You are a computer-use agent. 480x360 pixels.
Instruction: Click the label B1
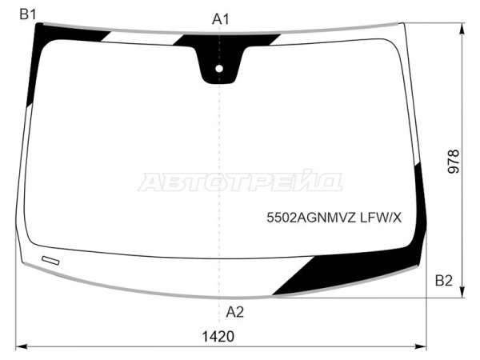point(28,14)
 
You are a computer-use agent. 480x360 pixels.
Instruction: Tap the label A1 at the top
point(221,19)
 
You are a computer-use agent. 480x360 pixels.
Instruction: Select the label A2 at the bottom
point(234,312)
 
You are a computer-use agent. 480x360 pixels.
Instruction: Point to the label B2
point(443,281)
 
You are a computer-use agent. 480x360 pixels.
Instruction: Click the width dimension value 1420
point(218,337)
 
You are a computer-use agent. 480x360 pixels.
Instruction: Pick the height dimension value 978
point(454,162)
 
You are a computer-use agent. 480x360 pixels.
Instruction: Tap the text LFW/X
point(381,218)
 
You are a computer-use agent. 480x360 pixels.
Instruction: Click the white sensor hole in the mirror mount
point(219,69)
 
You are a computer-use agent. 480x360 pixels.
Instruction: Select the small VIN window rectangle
point(50,260)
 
